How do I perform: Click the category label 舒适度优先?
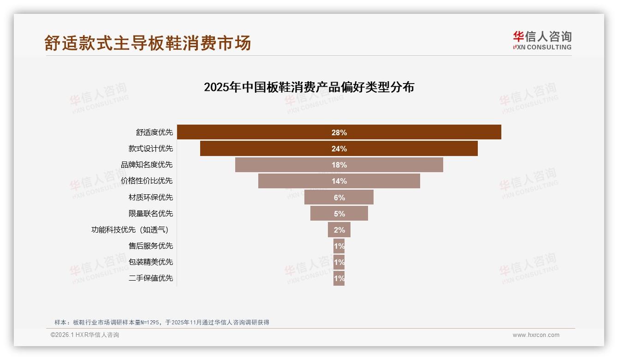[154, 132]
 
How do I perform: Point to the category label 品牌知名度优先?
[147, 165]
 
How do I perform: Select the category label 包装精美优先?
[151, 262]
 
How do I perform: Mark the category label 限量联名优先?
[151, 213]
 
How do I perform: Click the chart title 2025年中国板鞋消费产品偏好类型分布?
[309, 87]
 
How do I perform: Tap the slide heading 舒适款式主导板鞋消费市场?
[148, 43]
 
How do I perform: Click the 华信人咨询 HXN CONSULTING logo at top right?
[542, 41]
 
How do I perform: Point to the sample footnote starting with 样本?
[162, 322]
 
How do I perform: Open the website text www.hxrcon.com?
[536, 335]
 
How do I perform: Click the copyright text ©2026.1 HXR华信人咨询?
[85, 335]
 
